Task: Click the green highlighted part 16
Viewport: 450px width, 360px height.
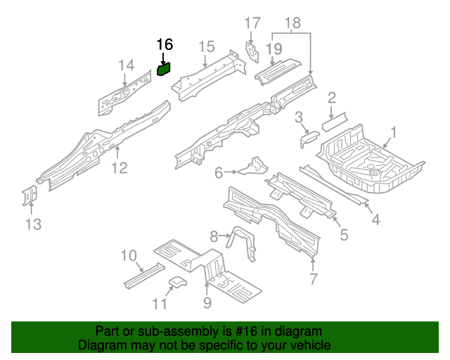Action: [164, 69]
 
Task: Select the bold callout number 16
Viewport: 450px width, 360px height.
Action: [164, 45]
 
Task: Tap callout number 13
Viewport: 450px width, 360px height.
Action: [33, 224]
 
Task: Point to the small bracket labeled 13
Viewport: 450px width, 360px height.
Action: [30, 196]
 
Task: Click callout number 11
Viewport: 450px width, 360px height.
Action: [161, 304]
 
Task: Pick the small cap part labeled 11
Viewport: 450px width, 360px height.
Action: [176, 283]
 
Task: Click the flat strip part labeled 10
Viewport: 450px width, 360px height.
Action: [143, 274]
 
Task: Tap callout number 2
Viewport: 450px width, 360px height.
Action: [332, 98]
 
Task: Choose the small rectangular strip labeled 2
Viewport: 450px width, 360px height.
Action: [335, 120]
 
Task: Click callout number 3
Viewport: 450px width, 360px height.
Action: [299, 117]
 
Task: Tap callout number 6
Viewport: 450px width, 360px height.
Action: [219, 172]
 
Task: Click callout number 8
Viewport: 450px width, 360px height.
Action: [214, 236]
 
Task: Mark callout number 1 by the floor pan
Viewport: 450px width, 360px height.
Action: [394, 131]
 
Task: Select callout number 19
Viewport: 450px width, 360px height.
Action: [274, 49]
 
